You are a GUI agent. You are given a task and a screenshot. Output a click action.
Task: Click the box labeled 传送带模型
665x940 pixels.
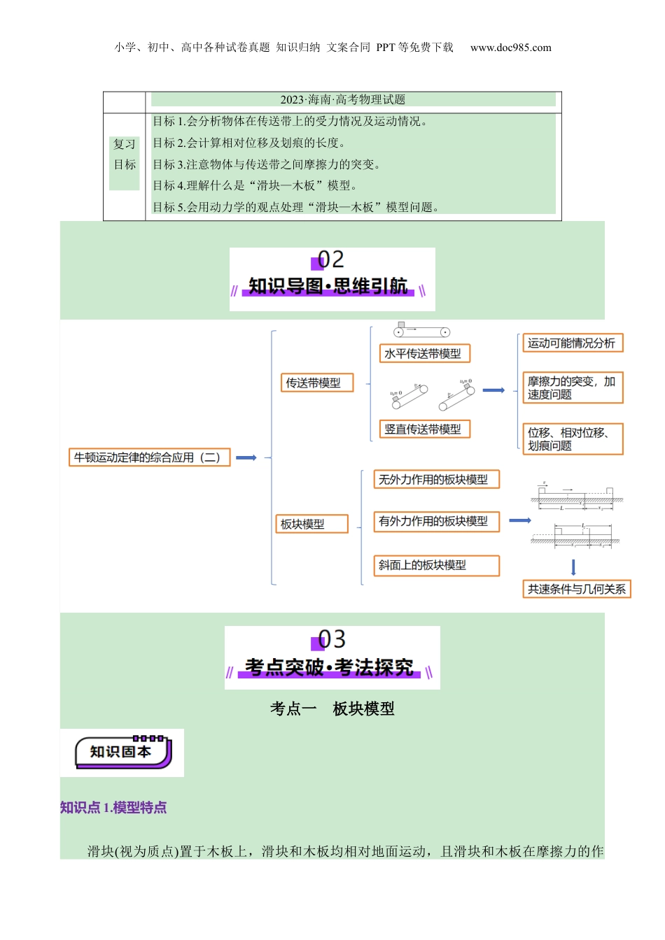pos(316,383)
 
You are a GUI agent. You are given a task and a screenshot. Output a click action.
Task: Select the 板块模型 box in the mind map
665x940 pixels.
pos(311,524)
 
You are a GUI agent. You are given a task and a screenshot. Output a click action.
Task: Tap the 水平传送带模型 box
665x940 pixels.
pos(423,353)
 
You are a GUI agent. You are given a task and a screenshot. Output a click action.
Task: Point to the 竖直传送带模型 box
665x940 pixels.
pos(423,429)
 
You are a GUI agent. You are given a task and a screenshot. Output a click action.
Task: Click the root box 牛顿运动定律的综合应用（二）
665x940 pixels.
pos(149,457)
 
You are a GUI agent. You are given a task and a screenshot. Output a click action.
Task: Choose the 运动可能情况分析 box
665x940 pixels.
pos(572,343)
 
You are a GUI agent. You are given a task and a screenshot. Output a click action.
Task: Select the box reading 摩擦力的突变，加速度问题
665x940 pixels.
pos(572,387)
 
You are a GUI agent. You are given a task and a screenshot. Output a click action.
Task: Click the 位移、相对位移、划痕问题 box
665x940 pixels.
pos(572,439)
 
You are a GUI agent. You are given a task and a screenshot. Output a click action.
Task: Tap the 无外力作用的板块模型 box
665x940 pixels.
pos(436,479)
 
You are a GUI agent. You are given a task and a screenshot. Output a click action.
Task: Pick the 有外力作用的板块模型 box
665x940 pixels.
pos(436,521)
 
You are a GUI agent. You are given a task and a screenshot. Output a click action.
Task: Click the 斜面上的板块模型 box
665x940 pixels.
pos(436,565)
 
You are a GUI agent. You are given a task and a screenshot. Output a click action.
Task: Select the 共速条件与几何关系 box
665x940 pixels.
pos(577,589)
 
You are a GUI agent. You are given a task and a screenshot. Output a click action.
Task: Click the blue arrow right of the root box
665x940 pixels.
pos(246,457)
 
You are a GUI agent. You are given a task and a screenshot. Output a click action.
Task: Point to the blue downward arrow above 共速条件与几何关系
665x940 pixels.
pos(573,567)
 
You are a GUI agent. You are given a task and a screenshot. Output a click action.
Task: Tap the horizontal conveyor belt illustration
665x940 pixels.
pos(421,330)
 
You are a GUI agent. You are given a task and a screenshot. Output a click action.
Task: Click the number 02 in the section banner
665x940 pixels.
pos(331,260)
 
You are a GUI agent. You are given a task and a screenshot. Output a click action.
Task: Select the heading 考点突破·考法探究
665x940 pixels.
pos(329,667)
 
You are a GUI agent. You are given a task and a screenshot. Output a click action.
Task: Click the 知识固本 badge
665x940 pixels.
pos(122,753)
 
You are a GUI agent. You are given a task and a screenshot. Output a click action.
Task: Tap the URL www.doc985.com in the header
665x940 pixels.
pos(510,48)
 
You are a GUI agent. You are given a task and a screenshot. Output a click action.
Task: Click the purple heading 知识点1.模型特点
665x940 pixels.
pos(113,808)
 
